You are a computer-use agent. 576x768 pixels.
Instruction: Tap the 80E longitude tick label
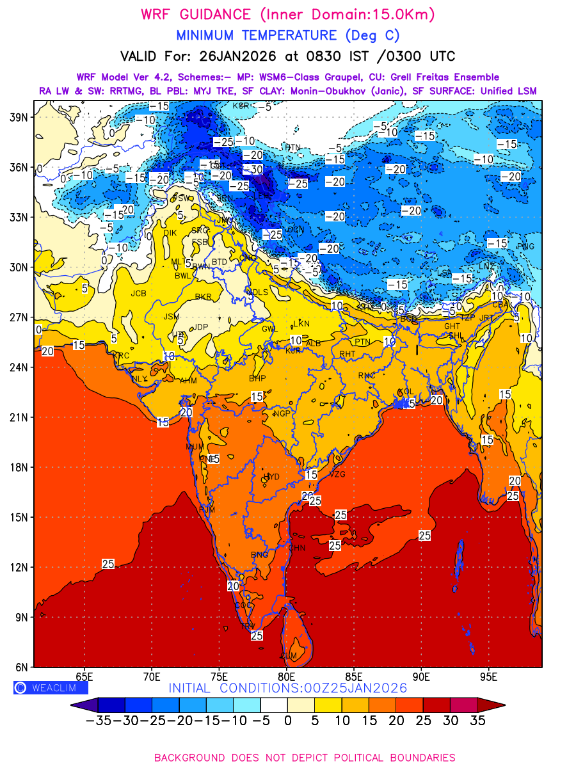point(287,676)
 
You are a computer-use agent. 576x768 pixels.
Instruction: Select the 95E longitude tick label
point(489,676)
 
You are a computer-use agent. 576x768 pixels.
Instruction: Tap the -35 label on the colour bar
point(99,721)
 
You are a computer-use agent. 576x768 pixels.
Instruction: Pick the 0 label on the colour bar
point(287,721)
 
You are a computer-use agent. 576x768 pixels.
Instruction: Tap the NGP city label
point(282,413)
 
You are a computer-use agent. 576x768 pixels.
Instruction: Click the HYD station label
point(272,477)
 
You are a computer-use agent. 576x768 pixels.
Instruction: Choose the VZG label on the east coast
point(337,474)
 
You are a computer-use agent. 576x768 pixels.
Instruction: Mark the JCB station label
point(138,294)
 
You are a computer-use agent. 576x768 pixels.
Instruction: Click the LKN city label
point(301,323)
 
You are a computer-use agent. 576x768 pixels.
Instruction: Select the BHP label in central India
point(257,378)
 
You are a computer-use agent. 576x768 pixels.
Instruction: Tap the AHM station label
point(188,380)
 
